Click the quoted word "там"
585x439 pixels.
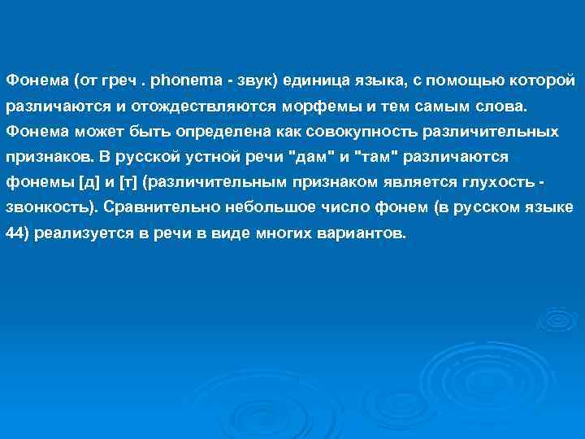click(381, 156)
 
